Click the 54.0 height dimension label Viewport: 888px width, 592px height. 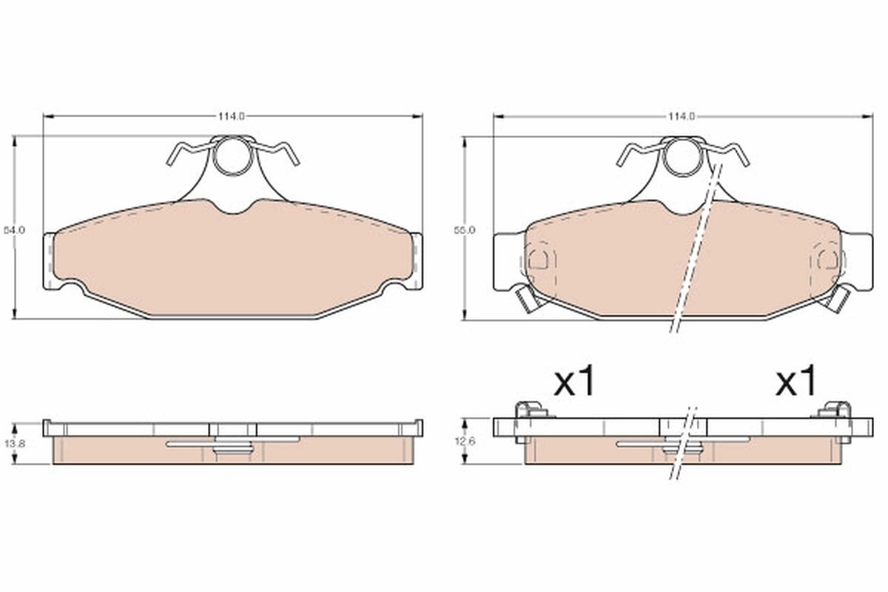16,230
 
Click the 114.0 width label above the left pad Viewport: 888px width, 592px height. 232,116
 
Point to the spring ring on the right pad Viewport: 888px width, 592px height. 682,156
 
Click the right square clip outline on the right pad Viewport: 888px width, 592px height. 828,258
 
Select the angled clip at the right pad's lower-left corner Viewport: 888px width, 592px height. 525,300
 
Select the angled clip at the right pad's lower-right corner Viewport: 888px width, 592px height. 841,300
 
